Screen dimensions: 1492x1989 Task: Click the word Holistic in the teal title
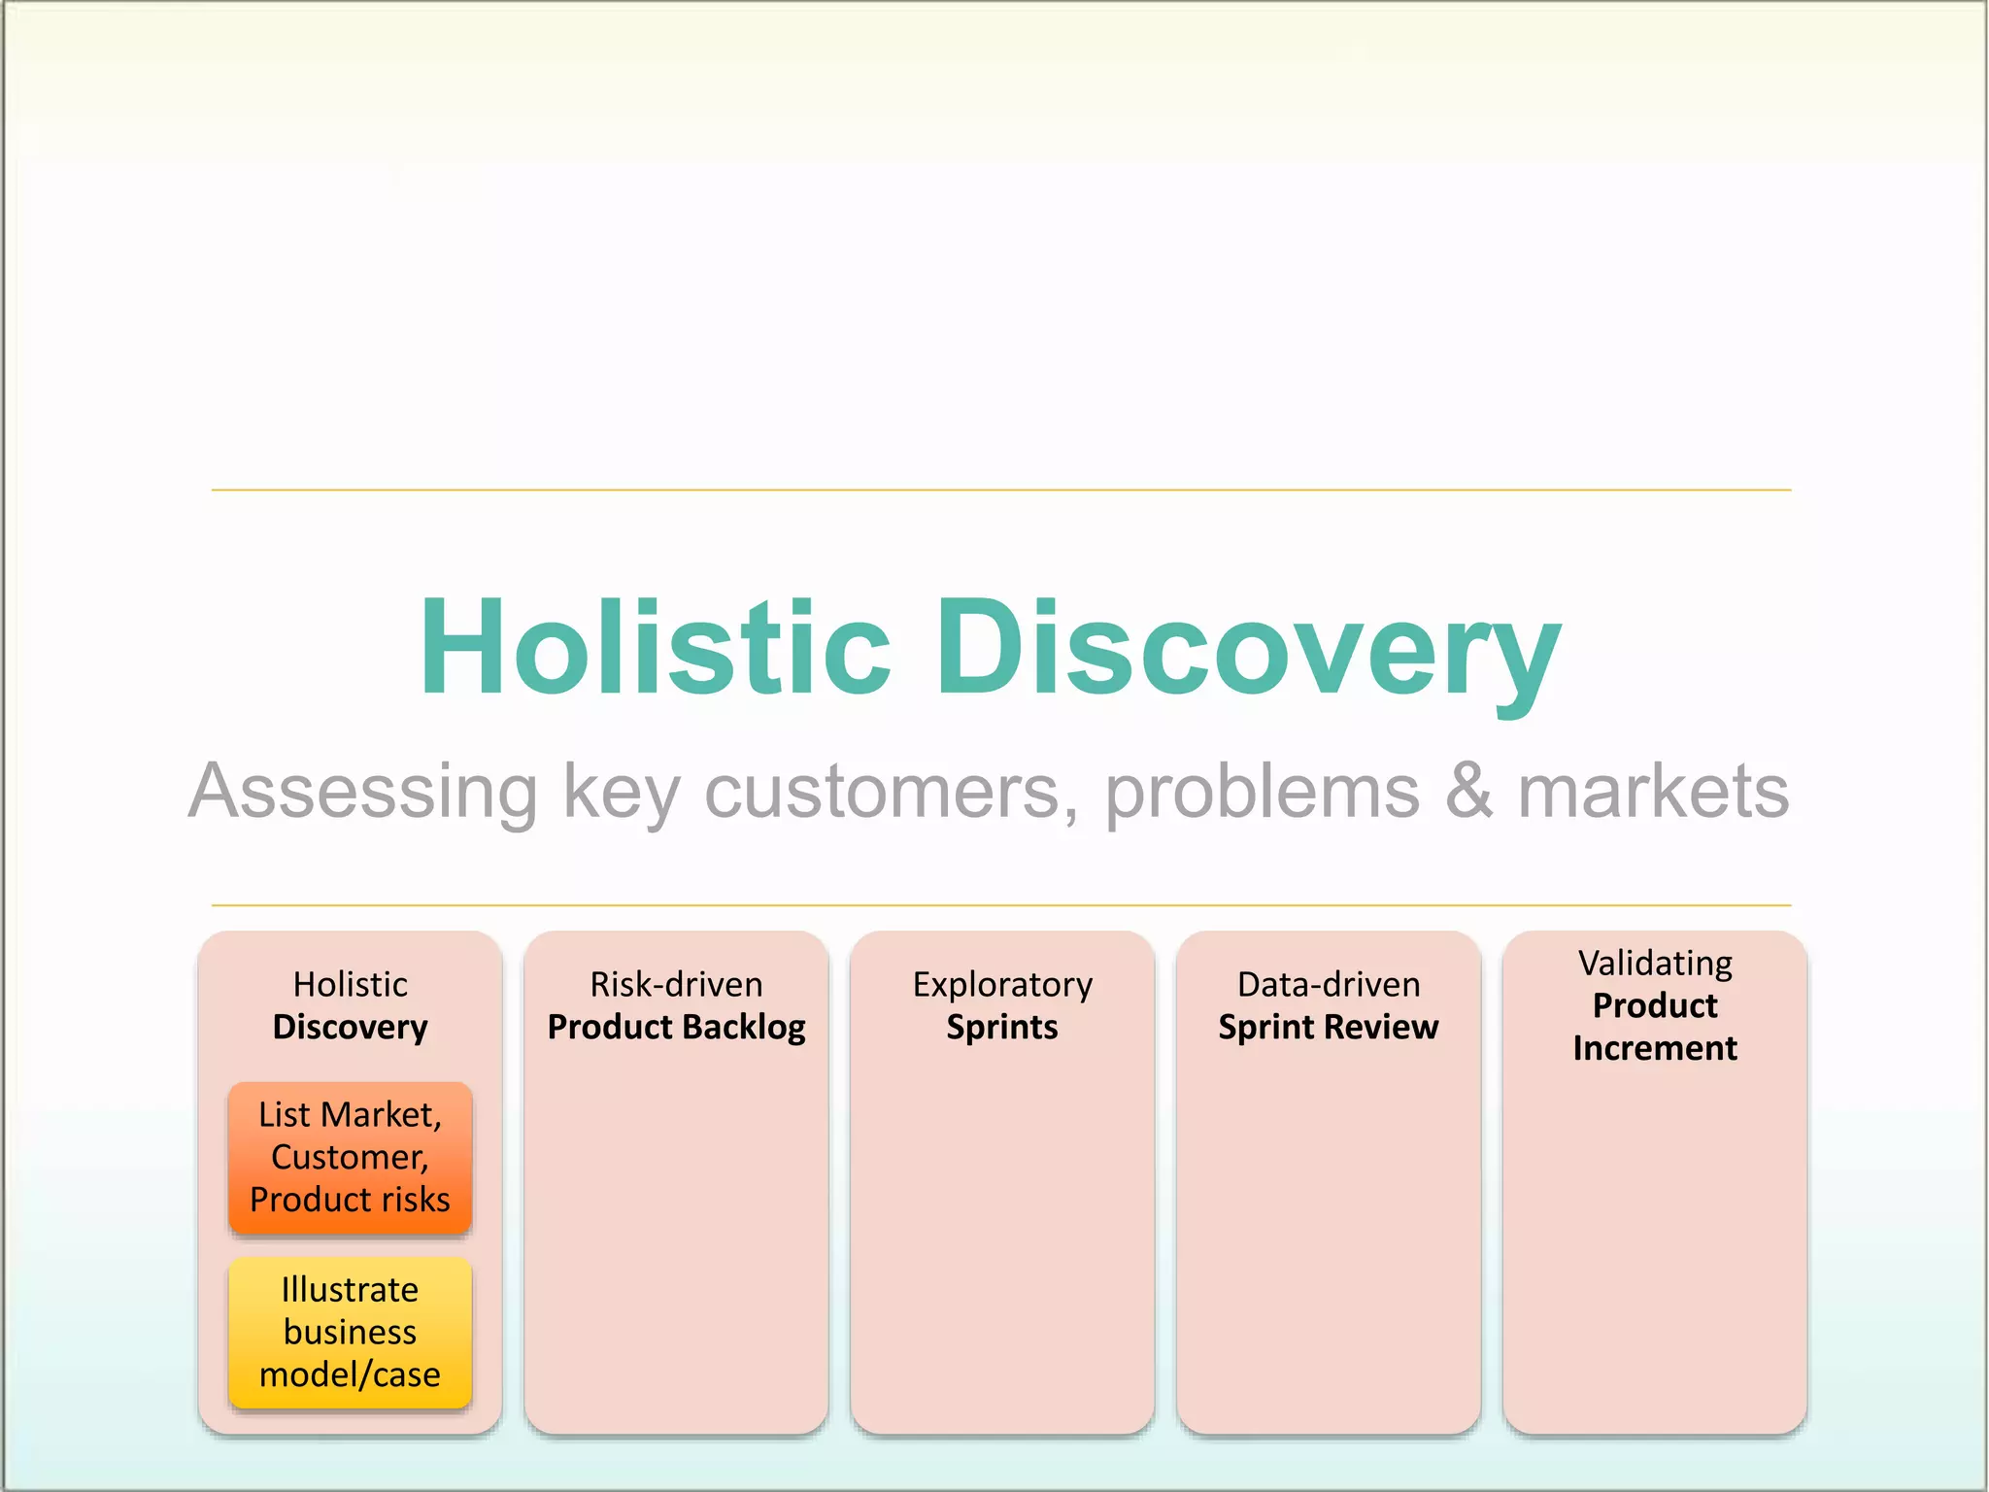pos(656,648)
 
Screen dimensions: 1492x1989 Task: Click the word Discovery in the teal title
pos(1247,648)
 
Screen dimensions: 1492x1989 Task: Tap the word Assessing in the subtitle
pos(363,792)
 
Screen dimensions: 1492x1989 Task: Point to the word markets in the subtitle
pos(1653,792)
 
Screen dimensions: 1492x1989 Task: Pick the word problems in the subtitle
pos(1262,792)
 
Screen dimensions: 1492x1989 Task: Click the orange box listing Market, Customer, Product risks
pos(350,1157)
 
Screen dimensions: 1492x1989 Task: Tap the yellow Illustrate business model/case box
pos(350,1332)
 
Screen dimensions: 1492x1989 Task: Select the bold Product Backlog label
pos(676,1027)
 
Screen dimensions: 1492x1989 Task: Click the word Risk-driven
pos(676,984)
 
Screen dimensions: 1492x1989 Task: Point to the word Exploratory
pos(1002,984)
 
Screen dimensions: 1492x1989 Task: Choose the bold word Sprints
pos(1002,1027)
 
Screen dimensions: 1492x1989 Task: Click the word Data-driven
pos(1329,984)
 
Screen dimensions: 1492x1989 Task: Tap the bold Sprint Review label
pos(1329,1027)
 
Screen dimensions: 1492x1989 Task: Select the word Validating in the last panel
pos(1655,963)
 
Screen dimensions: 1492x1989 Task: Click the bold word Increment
pos(1655,1048)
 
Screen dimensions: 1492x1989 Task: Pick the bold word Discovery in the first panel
pos(350,1027)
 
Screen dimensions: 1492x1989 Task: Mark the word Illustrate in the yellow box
pos(350,1290)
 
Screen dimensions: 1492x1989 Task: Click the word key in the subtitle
pos(622,792)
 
